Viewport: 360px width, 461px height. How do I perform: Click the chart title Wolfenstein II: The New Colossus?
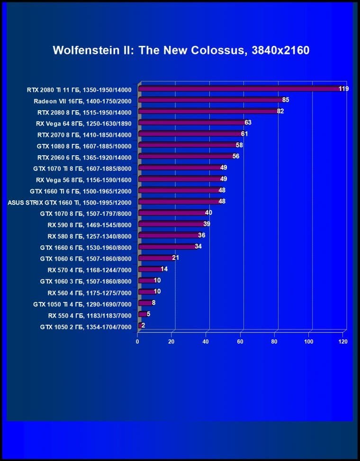tap(181, 50)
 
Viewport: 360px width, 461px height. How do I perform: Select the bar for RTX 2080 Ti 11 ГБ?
tap(239, 89)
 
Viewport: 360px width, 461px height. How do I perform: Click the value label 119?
tap(343, 89)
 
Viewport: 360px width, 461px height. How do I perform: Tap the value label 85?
tap(285, 100)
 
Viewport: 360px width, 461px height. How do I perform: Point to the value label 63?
tap(248, 123)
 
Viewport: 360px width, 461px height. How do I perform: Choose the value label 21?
tap(175, 258)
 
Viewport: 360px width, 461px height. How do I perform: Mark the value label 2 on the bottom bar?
tap(143, 326)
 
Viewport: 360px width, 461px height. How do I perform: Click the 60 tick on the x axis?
tap(241, 341)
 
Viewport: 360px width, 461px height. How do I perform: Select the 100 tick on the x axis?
tap(309, 341)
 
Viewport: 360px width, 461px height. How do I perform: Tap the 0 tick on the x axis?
tap(138, 341)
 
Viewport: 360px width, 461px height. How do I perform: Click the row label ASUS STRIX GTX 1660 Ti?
tap(70, 202)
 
